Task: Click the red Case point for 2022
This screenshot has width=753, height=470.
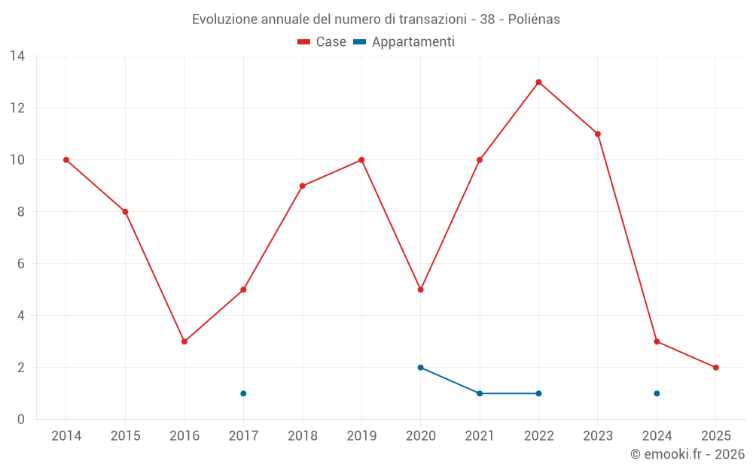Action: [x=538, y=82]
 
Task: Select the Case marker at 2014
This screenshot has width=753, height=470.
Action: [x=66, y=159]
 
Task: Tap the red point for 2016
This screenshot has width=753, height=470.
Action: [x=184, y=341]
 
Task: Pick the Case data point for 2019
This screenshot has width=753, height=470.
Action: [x=361, y=159]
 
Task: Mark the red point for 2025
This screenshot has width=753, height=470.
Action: [x=715, y=368]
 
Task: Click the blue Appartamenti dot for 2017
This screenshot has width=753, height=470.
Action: [x=243, y=393]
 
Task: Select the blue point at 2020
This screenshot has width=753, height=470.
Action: [x=420, y=368]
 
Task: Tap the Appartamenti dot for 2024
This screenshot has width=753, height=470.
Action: [x=657, y=393]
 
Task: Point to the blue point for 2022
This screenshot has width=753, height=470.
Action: [x=538, y=393]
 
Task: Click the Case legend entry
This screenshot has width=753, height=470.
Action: [x=322, y=42]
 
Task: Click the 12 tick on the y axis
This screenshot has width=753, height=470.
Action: [x=17, y=108]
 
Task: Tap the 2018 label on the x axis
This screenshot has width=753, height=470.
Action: [x=302, y=436]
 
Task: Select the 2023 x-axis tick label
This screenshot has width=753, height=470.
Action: [x=597, y=436]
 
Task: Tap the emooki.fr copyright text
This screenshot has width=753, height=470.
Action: [x=687, y=454]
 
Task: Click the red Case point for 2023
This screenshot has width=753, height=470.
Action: [x=597, y=134]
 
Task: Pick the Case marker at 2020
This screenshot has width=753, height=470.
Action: [x=420, y=290]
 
